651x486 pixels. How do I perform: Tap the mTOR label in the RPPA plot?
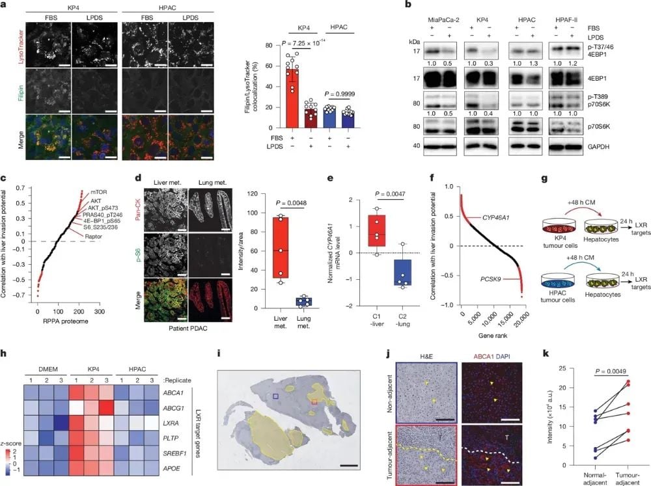tap(101, 192)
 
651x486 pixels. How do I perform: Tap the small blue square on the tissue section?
tap(275, 396)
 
